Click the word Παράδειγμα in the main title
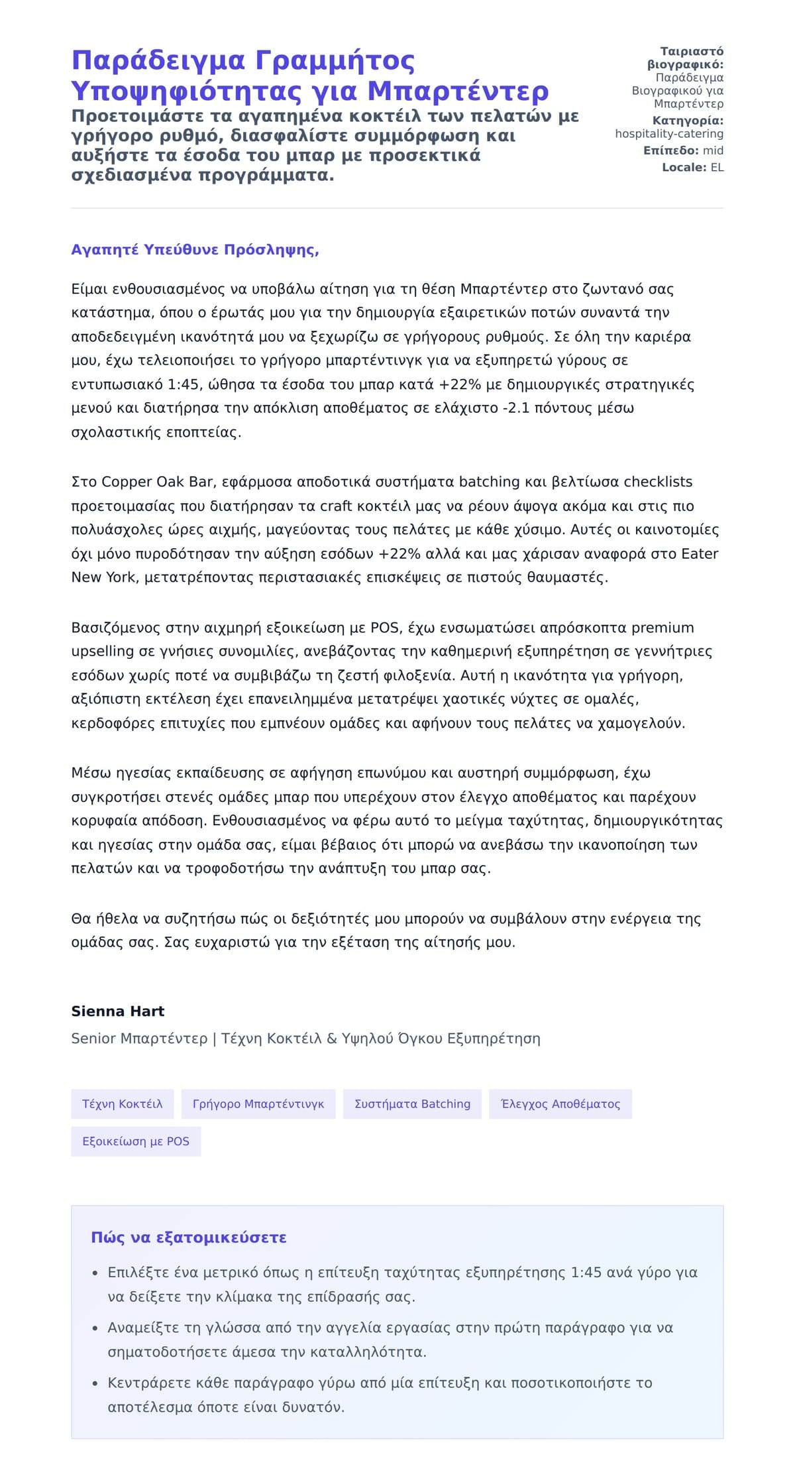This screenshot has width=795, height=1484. pyautogui.click(x=158, y=61)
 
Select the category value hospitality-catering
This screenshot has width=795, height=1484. pyautogui.click(x=668, y=134)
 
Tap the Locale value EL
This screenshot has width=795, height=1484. pyautogui.click(x=717, y=168)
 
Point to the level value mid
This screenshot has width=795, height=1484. pyautogui.click(x=713, y=151)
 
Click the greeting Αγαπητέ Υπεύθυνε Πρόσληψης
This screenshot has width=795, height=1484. pyautogui.click(x=195, y=250)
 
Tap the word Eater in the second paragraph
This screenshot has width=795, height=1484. pyautogui.click(x=700, y=553)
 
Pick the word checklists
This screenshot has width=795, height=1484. pyautogui.click(x=658, y=482)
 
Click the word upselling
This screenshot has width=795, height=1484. pyautogui.click(x=103, y=652)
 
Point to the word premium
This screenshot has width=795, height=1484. pyautogui.click(x=662, y=628)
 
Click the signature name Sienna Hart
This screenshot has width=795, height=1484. pyautogui.click(x=118, y=1011)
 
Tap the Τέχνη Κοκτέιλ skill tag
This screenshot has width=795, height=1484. pyautogui.click(x=123, y=1104)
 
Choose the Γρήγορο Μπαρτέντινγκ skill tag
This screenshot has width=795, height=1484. pyautogui.click(x=258, y=1104)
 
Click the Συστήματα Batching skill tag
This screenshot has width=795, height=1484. pyautogui.click(x=412, y=1104)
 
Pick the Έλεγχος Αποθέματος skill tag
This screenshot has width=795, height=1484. pyautogui.click(x=560, y=1104)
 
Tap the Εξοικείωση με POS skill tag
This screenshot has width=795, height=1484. pyautogui.click(x=136, y=1142)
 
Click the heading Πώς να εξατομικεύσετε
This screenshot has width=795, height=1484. pyautogui.click(x=189, y=1238)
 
